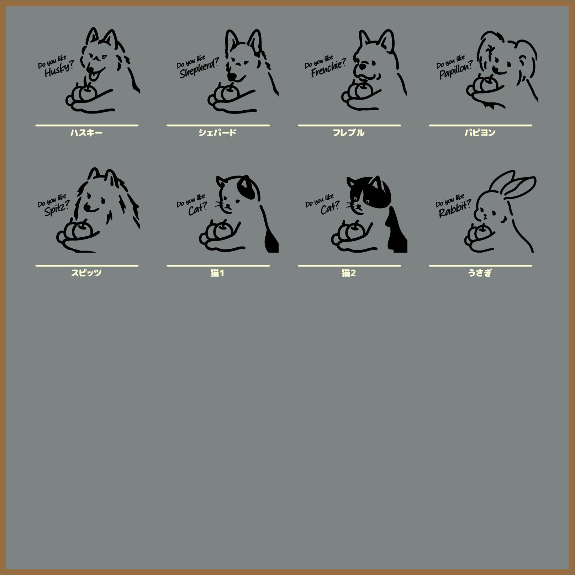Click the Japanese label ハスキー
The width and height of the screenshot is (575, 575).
click(x=86, y=133)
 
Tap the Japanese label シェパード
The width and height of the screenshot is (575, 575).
click(x=217, y=133)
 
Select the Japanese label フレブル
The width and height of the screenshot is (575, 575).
click(x=349, y=133)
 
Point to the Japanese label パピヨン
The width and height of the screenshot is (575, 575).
click(x=480, y=133)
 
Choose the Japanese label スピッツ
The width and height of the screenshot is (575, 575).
click(x=86, y=273)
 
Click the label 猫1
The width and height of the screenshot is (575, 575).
click(x=217, y=273)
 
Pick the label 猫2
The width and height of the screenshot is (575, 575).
click(x=349, y=273)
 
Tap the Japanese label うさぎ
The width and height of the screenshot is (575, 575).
click(x=480, y=273)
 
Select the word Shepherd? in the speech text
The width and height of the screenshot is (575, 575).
click(x=199, y=68)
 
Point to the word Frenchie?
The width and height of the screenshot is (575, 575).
click(x=328, y=68)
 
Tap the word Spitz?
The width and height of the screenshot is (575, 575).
click(x=57, y=209)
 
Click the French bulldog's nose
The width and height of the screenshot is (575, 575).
click(x=362, y=66)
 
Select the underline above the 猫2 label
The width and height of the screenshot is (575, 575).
click(x=349, y=265)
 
